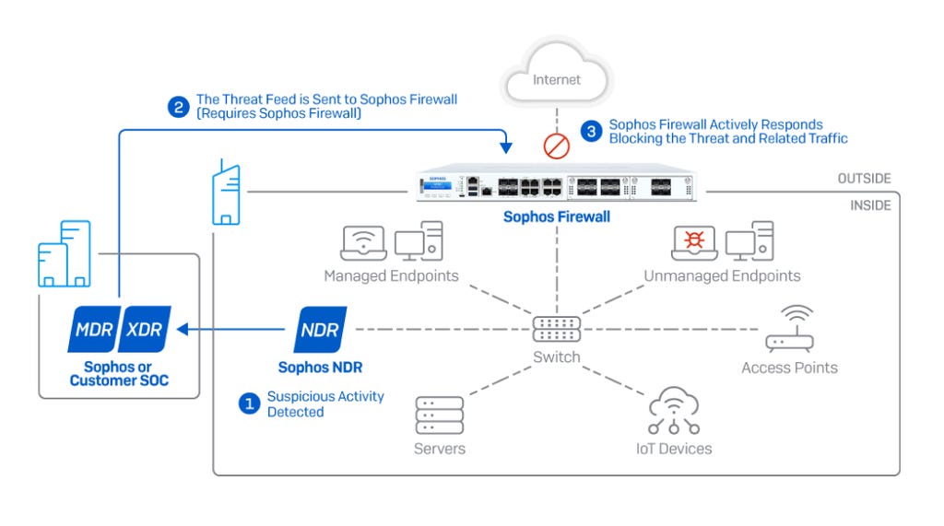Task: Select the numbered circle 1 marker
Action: pos(248,403)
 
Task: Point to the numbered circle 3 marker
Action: pos(592,131)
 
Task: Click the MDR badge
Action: pos(93,330)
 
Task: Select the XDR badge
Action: pos(144,330)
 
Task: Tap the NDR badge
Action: pos(320,330)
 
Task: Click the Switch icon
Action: pos(557,329)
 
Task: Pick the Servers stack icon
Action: pos(439,415)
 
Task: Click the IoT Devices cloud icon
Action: pos(673,411)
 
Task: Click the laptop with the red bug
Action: pos(694,241)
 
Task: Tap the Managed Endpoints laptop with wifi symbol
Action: pos(364,241)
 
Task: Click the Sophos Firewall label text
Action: pos(556,217)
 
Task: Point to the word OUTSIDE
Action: pos(864,179)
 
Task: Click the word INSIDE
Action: pos(870,205)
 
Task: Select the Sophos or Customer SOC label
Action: pos(119,374)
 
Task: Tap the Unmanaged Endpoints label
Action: pos(722,276)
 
